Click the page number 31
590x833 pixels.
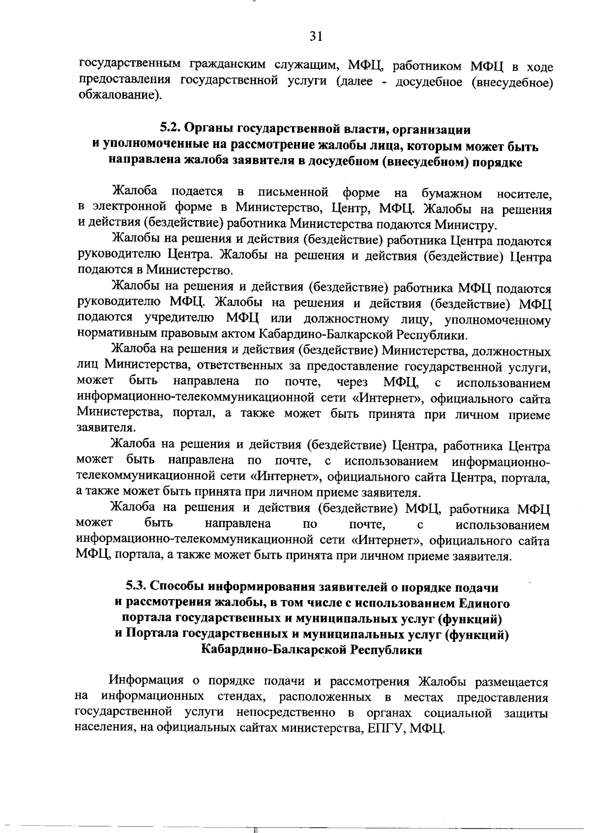pyautogui.click(x=315, y=35)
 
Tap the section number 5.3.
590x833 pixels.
pyautogui.click(x=136, y=586)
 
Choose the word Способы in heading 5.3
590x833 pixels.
pyautogui.click(x=178, y=586)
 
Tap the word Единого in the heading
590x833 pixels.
pyautogui.click(x=484, y=603)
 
